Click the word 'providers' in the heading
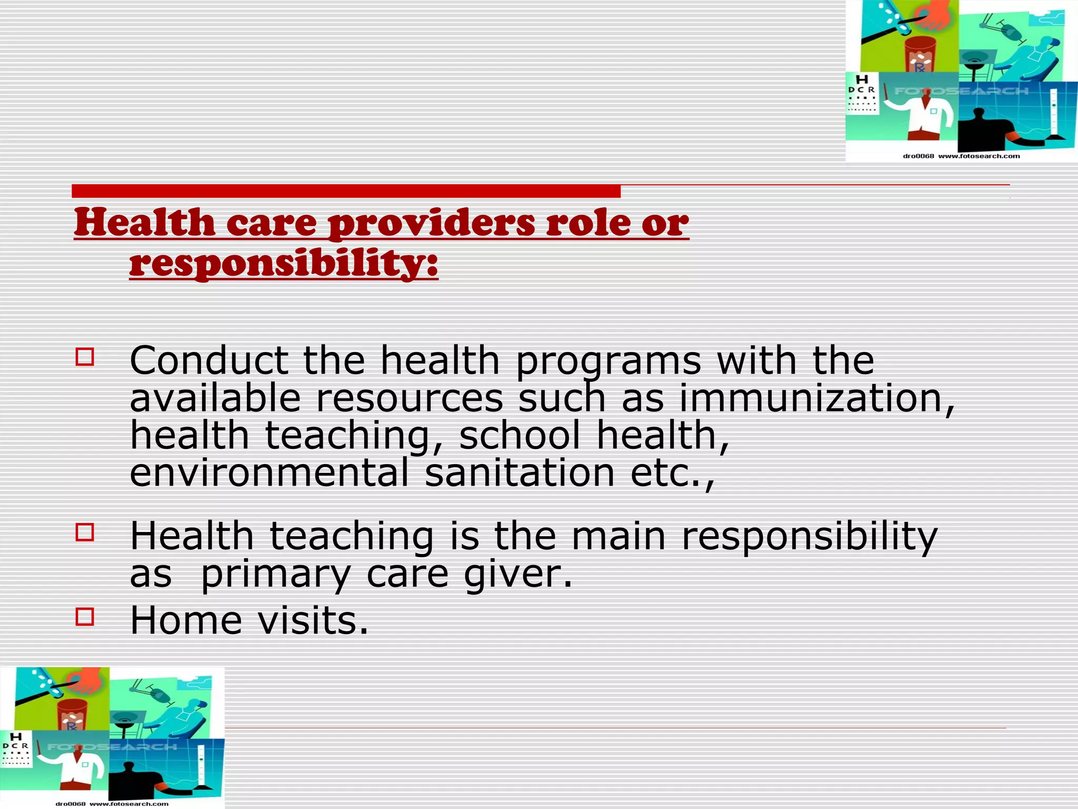click(x=431, y=223)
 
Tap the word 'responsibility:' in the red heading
click(x=283, y=263)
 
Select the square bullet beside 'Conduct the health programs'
click(x=85, y=357)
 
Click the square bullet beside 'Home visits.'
click(x=85, y=616)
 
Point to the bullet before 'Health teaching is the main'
click(x=85, y=532)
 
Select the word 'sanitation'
click(x=520, y=472)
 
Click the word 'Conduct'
click(x=208, y=361)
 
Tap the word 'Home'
click(x=186, y=620)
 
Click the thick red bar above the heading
click(x=346, y=191)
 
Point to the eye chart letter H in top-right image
click(x=862, y=80)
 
